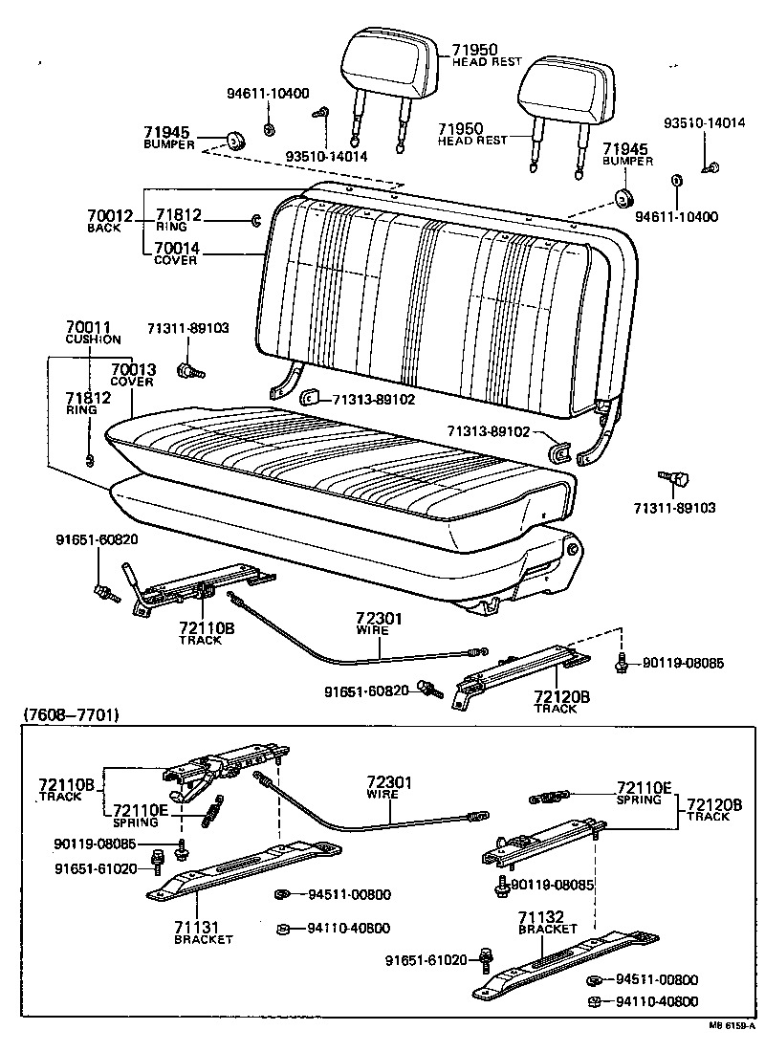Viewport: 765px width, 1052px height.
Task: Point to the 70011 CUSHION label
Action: point(93,333)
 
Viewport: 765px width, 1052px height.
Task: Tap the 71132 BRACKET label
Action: point(548,922)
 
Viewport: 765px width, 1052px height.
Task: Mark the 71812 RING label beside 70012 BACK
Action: point(179,221)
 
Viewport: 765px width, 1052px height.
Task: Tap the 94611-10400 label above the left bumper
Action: point(268,94)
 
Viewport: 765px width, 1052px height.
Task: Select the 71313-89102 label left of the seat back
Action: point(374,399)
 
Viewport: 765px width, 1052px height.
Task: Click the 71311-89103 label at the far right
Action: point(674,508)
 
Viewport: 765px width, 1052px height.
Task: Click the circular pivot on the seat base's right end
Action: point(572,551)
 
